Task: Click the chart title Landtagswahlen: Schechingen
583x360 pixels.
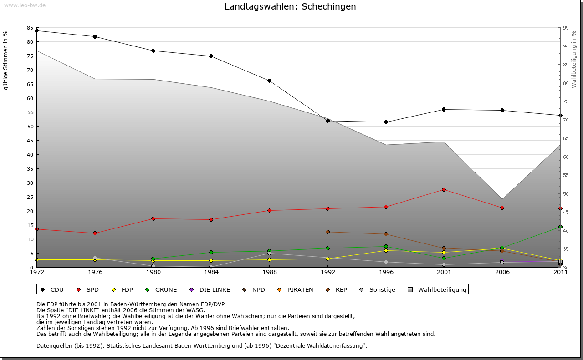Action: coord(290,7)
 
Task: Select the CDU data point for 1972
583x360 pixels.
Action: coord(37,31)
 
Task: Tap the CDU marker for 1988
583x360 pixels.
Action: coord(270,81)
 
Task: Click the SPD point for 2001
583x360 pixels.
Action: coord(444,190)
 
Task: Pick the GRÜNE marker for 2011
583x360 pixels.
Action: coord(560,227)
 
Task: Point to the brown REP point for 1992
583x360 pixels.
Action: coord(328,232)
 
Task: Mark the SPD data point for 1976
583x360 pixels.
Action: coord(95,233)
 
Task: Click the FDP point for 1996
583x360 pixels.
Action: coord(386,251)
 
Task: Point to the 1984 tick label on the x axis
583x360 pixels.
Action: coord(211,273)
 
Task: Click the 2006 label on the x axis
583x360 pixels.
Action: coord(502,273)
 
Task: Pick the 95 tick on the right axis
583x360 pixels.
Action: coord(566,28)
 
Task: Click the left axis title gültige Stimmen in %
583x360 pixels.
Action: coord(6,61)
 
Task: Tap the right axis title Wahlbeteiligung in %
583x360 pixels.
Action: coord(574,60)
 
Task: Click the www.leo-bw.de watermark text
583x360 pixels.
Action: coord(25,5)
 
